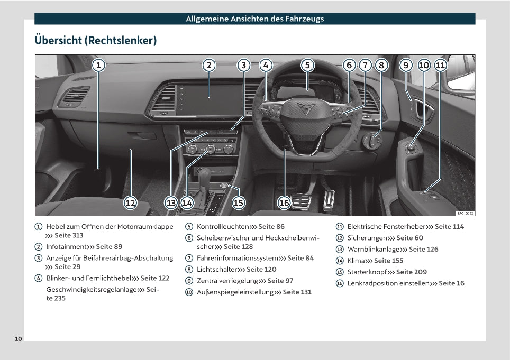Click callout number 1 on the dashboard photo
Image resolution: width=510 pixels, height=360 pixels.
click(98, 65)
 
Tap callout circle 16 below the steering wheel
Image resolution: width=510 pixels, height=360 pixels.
click(284, 202)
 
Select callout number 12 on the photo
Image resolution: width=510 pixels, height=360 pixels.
click(131, 202)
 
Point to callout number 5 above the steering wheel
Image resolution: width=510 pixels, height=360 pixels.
click(307, 65)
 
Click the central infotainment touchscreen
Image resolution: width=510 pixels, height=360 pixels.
click(208, 98)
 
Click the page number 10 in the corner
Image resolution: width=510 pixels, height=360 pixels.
click(19, 338)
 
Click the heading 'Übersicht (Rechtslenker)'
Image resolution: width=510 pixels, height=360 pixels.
click(96, 40)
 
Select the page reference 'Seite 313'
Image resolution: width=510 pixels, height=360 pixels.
click(69, 236)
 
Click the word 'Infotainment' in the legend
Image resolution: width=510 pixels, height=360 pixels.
click(66, 246)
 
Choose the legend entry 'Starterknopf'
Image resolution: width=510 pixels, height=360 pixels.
click(367, 272)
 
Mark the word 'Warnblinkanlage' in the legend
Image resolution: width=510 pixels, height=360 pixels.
click(374, 249)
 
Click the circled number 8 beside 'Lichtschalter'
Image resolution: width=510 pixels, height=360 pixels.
click(189, 269)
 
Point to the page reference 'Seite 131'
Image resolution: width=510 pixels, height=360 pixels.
click(297, 292)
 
